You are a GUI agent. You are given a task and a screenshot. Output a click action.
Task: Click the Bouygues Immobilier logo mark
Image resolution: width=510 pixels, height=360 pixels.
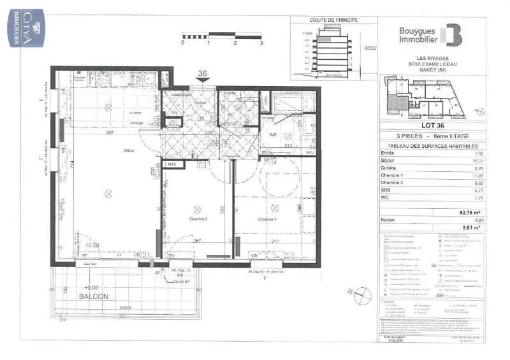pos(453,34)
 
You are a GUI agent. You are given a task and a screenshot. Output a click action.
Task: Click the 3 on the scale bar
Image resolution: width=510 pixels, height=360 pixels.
pos(261,43)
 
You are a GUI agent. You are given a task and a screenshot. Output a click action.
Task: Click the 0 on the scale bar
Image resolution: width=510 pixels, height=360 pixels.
pos(183,43)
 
